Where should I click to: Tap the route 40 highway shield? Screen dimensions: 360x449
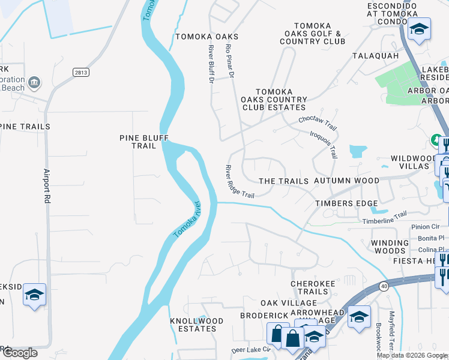tap(384, 286)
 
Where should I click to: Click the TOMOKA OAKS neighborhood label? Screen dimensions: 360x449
tap(206, 37)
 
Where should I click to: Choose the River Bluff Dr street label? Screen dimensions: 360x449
tap(211, 63)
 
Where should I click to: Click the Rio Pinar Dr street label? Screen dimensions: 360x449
tap(229, 61)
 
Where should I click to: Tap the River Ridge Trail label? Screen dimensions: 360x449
tap(240, 182)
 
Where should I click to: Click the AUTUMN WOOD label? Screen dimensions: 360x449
tap(346, 181)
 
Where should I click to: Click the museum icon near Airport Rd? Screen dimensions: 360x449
tap(34, 82)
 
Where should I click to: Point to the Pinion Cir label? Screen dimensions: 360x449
tap(426, 227)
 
